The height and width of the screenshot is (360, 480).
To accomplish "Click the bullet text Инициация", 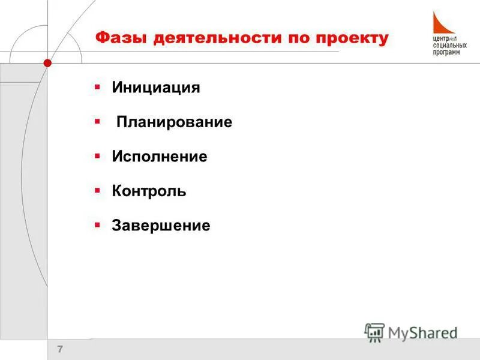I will (x=156, y=88).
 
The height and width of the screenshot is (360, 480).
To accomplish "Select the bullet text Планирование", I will (x=175, y=122).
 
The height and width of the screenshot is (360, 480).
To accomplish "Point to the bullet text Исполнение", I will (x=160, y=157).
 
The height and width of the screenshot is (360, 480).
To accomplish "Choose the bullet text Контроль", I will (x=149, y=191).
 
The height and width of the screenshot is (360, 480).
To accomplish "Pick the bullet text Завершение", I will (x=161, y=226).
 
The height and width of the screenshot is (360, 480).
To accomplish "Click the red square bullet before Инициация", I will (x=97, y=87).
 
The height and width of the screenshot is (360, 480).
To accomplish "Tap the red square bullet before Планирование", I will (x=97, y=122).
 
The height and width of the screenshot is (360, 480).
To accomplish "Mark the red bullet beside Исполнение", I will (x=97, y=156).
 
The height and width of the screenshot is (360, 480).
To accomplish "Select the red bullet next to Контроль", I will (x=97, y=191).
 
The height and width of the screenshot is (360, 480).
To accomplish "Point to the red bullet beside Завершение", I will (x=97, y=225).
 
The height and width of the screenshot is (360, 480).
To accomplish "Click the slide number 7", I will (x=60, y=349).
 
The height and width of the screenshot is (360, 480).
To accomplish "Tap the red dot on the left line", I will (x=47, y=62).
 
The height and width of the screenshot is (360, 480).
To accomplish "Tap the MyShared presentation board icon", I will (x=374, y=332).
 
